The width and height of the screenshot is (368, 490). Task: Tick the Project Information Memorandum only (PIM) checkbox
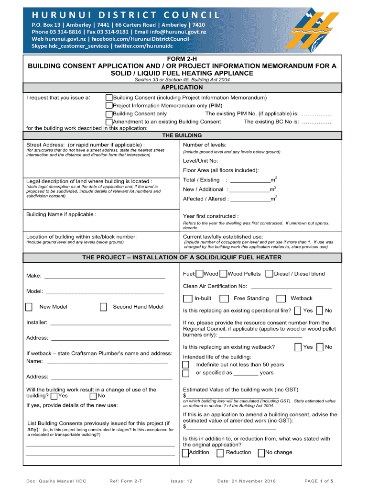click(x=109, y=105)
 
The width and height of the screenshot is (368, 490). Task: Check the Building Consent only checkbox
click(x=109, y=113)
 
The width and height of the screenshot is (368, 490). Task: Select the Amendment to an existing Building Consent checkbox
click(x=109, y=122)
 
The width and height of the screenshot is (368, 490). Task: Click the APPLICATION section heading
click(x=182, y=88)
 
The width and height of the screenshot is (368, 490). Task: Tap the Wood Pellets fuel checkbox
click(x=223, y=274)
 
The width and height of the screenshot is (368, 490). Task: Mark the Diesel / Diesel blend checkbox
click(x=270, y=274)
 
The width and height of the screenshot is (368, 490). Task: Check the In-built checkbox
click(x=187, y=299)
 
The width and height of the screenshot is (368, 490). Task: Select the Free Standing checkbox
click(x=223, y=299)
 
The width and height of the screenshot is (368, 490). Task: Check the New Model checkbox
click(x=29, y=307)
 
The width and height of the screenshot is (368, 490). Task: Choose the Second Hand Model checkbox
click(x=103, y=307)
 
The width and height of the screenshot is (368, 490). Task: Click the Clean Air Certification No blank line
click(x=291, y=288)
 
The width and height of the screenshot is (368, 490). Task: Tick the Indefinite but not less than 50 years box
click(x=186, y=365)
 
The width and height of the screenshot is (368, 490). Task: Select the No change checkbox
click(x=261, y=453)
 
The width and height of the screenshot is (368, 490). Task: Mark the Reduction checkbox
click(x=220, y=453)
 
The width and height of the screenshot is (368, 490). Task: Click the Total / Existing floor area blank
click(x=250, y=181)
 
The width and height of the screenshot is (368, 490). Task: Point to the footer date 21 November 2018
click(x=247, y=481)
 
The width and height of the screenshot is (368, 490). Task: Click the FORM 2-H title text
click(x=182, y=58)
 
